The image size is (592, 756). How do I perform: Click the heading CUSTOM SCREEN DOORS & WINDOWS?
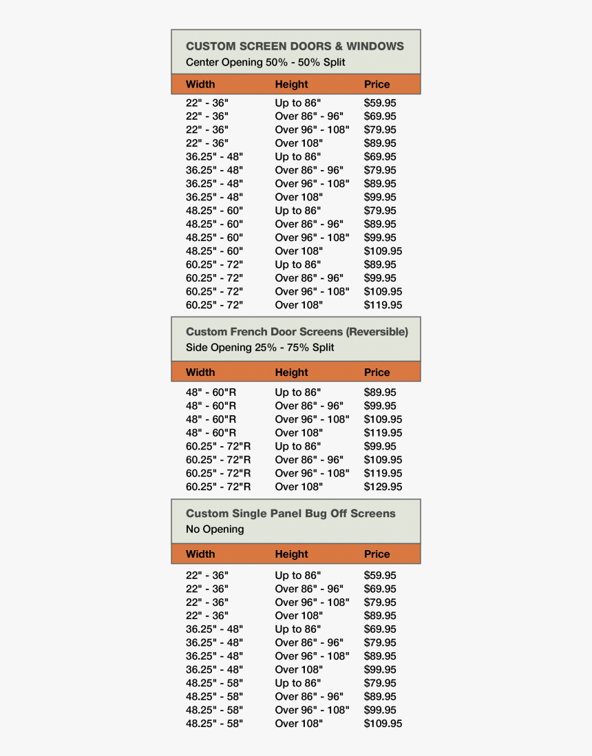(295, 46)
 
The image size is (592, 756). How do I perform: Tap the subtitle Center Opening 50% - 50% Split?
(265, 63)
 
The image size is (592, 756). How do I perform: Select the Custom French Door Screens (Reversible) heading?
(297, 332)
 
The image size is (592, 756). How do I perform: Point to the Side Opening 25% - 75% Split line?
(260, 348)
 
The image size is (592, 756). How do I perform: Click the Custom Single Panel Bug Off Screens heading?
(290, 514)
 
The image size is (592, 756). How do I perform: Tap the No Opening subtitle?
(215, 529)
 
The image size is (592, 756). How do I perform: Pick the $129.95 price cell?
(383, 487)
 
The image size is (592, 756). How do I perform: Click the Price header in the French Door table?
(377, 372)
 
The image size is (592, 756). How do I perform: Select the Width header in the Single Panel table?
(200, 554)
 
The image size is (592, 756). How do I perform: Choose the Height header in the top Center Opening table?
(291, 85)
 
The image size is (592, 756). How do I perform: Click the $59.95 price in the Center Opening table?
(380, 103)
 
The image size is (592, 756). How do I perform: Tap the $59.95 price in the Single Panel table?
(380, 575)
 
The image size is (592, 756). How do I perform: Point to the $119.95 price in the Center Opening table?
(383, 305)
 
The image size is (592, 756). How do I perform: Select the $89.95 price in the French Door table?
(380, 392)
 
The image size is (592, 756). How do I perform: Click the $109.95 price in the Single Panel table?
(383, 724)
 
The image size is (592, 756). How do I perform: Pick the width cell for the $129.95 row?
(218, 487)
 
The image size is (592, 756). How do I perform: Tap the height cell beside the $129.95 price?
(299, 487)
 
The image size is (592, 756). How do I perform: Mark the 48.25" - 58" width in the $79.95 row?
(214, 683)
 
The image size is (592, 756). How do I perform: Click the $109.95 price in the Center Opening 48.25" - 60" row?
(383, 251)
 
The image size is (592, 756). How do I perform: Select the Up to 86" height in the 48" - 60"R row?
(297, 392)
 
